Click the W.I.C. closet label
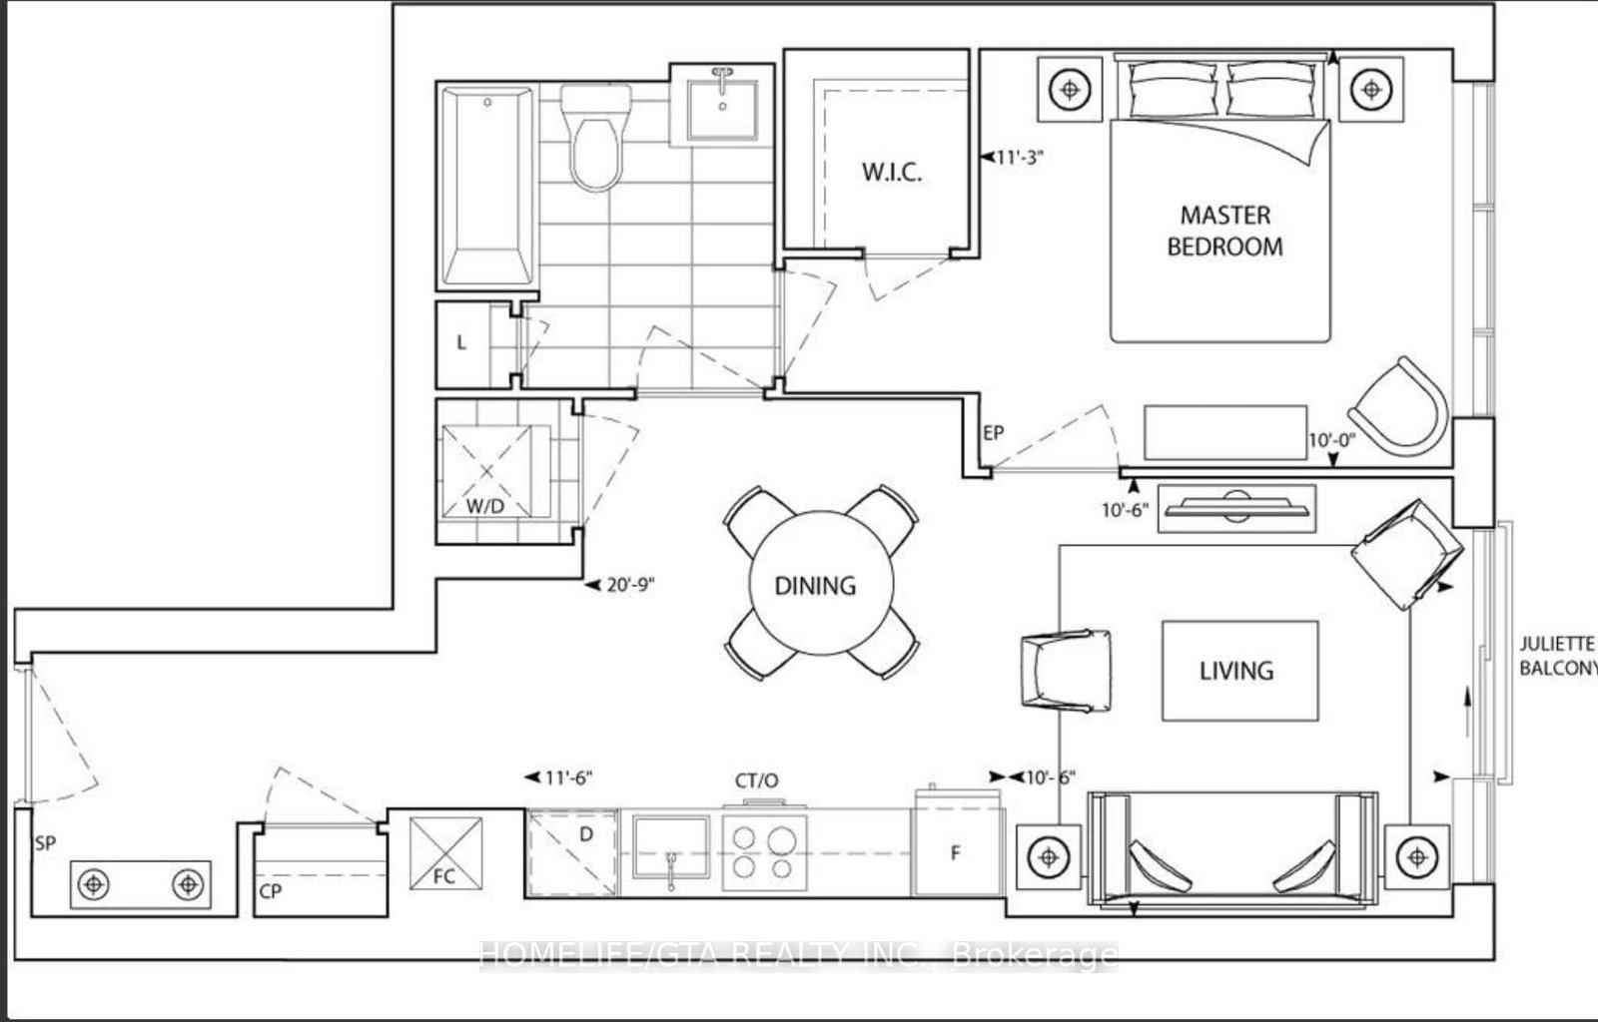892,172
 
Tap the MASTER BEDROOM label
1224,231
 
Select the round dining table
816,584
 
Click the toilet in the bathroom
596,137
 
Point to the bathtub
486,187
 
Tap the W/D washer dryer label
484,506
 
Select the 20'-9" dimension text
629,586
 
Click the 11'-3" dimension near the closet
1019,157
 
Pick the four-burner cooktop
764,851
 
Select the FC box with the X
446,851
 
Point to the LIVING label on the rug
1236,671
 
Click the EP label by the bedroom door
993,433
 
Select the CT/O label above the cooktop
756,779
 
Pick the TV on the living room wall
1236,507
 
